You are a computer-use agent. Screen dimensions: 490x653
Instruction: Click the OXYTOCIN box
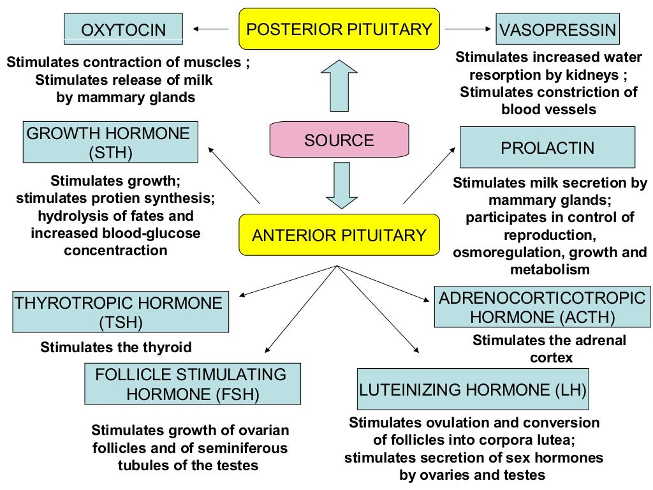124,29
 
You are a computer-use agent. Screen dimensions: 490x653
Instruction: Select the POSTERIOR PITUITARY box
339,29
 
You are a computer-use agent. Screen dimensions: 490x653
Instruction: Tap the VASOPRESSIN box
557,29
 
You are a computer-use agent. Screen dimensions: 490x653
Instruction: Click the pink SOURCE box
339,140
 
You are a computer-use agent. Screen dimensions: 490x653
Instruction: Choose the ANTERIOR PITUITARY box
339,235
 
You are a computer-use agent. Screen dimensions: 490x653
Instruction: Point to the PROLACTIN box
547,147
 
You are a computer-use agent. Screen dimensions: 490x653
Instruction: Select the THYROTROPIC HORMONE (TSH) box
121,312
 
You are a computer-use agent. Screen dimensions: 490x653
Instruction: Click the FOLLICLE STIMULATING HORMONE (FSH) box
192,384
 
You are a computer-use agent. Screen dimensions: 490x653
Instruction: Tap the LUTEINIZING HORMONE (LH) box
473,389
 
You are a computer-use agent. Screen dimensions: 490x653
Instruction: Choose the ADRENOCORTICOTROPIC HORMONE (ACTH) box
542,308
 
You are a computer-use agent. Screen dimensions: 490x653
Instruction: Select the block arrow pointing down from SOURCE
339,184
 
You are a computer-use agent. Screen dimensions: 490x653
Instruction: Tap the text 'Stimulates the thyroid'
116,348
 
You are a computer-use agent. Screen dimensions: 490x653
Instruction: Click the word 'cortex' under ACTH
551,357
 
